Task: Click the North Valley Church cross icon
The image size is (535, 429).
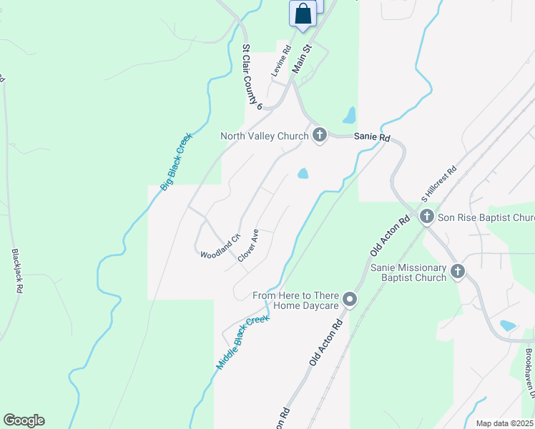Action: [x=319, y=135]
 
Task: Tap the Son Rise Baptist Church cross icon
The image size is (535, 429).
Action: [x=427, y=217]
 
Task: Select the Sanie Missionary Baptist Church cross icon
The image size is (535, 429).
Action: [x=458, y=272]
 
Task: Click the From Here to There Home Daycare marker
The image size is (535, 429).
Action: [x=350, y=300]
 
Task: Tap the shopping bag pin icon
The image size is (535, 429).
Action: [x=303, y=14]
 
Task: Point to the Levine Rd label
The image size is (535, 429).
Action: [x=281, y=61]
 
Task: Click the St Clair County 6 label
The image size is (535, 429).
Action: [x=252, y=77]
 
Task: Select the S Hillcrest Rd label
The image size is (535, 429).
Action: [x=438, y=184]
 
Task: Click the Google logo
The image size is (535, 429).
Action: [x=24, y=420]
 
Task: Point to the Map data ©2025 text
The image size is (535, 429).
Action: [x=504, y=423]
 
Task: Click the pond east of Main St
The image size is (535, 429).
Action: [x=349, y=115]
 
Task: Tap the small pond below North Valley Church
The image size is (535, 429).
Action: [x=303, y=174]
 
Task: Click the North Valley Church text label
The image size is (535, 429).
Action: [x=264, y=136]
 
